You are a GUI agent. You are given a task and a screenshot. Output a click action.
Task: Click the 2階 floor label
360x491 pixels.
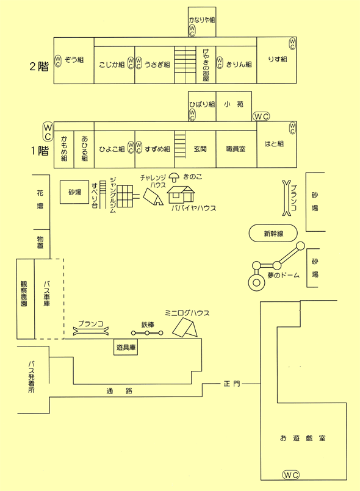click(x=39, y=66)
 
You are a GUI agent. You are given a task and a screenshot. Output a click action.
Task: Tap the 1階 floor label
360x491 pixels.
click(x=40, y=151)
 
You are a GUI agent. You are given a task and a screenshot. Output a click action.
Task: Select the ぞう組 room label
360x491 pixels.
click(x=74, y=60)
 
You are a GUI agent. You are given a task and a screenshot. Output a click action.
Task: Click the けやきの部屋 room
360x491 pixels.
click(x=206, y=65)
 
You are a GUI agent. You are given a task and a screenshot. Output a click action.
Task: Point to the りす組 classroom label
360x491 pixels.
click(x=277, y=60)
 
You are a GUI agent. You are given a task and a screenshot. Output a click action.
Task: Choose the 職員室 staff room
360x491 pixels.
click(x=236, y=149)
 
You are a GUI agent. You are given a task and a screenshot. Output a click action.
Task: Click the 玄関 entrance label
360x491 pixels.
click(x=200, y=149)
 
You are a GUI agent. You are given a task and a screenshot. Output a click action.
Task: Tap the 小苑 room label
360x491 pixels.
click(x=234, y=104)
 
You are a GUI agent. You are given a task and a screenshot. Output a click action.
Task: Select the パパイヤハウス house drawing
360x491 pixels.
click(x=181, y=195)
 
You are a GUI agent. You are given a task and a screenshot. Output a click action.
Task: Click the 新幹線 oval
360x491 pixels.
click(x=273, y=233)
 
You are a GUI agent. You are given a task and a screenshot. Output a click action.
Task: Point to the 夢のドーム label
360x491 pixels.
click(x=284, y=275)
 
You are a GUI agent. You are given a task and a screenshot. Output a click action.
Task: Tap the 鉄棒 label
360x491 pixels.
click(x=148, y=324)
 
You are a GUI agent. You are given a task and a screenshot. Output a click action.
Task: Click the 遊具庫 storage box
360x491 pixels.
click(x=126, y=347)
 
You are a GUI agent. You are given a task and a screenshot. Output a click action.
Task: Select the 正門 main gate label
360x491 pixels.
click(x=232, y=383)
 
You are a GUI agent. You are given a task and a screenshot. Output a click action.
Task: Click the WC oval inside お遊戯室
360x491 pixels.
click(x=291, y=475)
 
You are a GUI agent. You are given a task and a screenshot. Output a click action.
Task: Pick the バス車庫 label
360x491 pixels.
click(x=47, y=293)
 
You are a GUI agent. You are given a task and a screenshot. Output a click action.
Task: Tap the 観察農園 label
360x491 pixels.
click(x=24, y=293)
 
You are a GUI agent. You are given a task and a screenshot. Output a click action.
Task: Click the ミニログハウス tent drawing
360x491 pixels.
click(x=185, y=328)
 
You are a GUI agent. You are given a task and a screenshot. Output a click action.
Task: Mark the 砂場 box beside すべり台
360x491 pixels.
click(x=74, y=192)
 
